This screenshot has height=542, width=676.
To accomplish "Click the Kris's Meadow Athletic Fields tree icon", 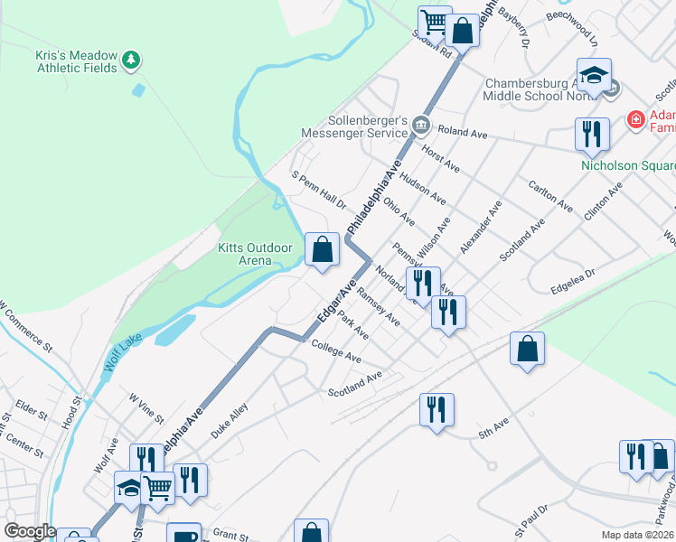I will (x=132, y=61).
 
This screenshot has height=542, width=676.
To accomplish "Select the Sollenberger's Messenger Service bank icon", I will (x=420, y=124).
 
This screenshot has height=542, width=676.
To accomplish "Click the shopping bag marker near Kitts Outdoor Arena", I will (x=322, y=248).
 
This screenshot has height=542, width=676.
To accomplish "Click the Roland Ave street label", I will (x=464, y=133).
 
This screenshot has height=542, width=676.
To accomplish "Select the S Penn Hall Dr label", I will (x=318, y=189).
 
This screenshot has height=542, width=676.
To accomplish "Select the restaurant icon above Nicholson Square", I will (x=592, y=134).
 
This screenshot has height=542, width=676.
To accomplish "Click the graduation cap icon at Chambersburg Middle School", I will (x=595, y=76).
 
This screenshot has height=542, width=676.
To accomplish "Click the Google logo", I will (x=30, y=532).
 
